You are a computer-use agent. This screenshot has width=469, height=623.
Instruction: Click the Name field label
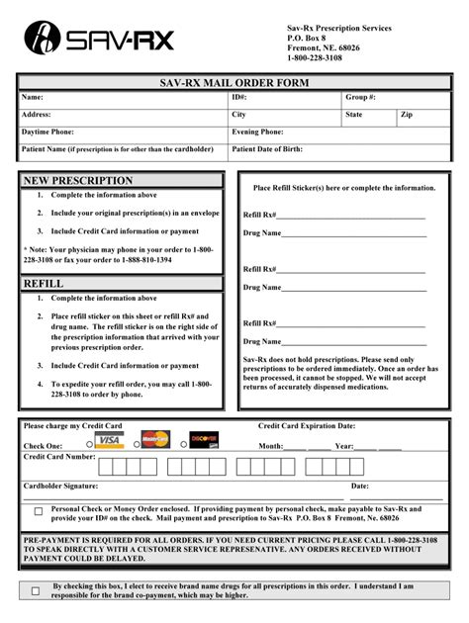pos(33,98)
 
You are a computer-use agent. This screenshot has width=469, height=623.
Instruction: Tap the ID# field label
pos(239,98)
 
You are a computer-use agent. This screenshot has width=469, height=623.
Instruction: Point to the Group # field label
pos(360,98)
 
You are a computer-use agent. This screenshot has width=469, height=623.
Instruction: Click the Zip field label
pos(406,115)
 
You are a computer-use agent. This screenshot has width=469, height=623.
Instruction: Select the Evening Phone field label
pos(258,132)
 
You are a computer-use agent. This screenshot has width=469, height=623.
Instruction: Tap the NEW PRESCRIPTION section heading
pos(78,181)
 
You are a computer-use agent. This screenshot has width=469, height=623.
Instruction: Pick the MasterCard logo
pos(155,439)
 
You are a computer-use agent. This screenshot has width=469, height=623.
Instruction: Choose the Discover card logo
pos(204,439)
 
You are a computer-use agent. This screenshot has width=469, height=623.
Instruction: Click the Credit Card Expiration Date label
pos(307,425)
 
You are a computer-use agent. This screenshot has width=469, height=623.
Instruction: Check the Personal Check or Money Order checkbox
pos(39,511)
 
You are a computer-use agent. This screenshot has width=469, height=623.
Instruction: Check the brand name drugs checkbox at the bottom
pos(36,590)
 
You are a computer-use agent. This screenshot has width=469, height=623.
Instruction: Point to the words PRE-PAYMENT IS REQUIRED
pos(80,541)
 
